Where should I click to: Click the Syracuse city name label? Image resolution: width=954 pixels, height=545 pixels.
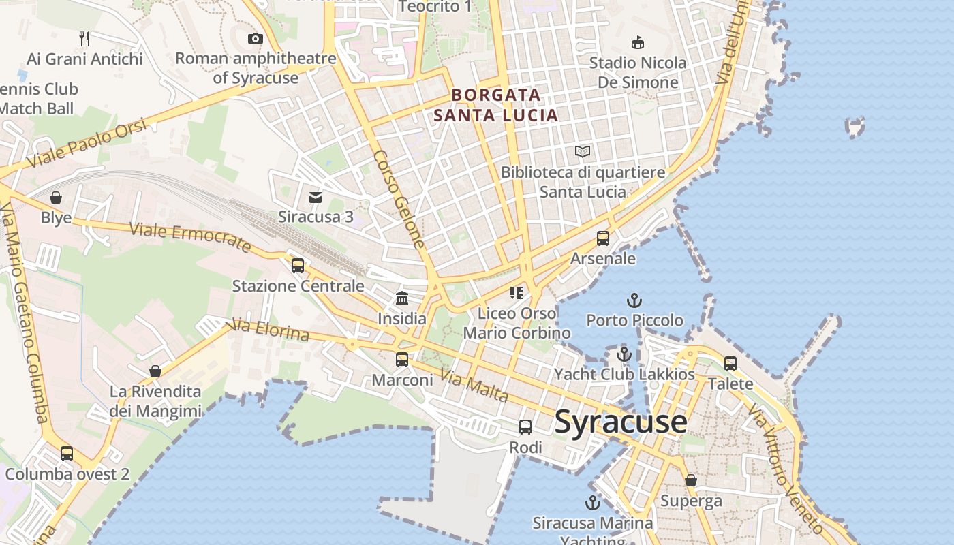(x=621, y=422)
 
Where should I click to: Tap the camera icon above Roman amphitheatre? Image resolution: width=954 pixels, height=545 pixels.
(x=256, y=38)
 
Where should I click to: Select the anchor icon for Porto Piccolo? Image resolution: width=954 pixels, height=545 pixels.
(x=634, y=300)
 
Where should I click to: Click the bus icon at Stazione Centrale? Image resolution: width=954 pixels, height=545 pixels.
(x=298, y=265)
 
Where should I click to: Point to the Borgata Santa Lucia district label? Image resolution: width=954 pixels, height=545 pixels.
(x=496, y=105)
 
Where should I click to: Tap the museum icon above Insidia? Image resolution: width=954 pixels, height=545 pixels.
(x=402, y=298)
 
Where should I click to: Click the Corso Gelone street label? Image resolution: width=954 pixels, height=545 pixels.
(x=399, y=199)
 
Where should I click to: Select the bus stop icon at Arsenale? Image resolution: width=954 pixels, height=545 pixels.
(x=603, y=238)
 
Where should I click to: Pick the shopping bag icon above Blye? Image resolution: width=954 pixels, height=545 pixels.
(x=56, y=198)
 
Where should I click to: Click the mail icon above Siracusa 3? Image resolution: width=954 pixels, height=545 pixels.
(x=316, y=198)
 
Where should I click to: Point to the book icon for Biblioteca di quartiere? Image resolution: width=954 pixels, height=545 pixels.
(x=583, y=151)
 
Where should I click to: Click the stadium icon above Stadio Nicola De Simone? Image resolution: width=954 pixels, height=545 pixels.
(x=638, y=43)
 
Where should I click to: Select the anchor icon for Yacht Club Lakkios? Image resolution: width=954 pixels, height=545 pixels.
(x=624, y=354)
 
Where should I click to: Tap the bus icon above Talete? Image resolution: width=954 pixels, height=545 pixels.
(x=730, y=363)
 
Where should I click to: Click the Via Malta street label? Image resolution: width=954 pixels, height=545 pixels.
(x=474, y=386)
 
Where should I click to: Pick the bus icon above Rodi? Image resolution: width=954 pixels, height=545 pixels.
(x=525, y=427)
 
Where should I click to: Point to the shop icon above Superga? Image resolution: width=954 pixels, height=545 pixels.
(x=691, y=481)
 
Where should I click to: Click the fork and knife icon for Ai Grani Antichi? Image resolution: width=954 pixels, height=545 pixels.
(x=84, y=38)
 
